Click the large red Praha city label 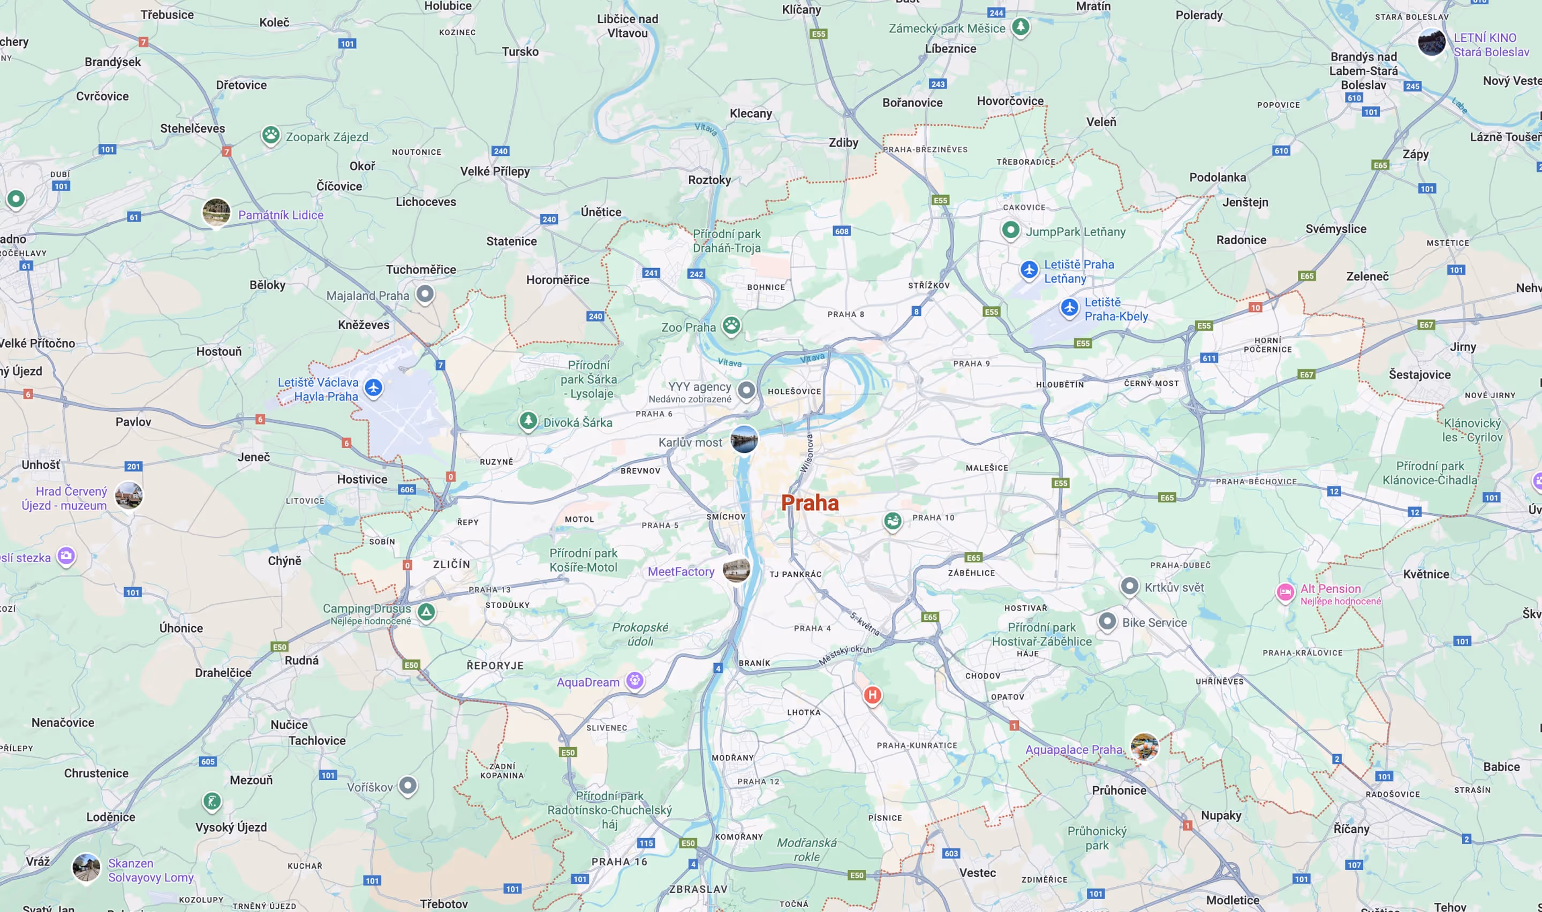coord(810,503)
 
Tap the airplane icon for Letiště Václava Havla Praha coord(373,388)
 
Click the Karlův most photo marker coord(744,439)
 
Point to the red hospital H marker coord(872,695)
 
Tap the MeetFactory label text coord(681,572)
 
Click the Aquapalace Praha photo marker coord(1144,747)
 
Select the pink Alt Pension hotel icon coord(1285,592)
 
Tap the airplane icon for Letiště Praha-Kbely coord(1069,307)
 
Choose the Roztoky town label coord(709,180)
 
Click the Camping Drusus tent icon coord(426,612)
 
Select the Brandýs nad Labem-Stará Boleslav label coord(1363,71)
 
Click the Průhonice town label coord(1118,791)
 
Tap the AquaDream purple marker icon coord(635,680)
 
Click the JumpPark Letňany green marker coord(1010,231)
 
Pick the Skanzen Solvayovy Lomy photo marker coord(86,867)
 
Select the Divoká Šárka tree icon coord(528,421)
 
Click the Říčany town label coord(1351,829)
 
